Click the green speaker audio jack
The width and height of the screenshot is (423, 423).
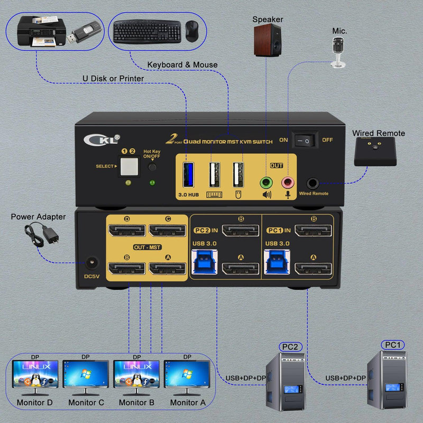pos(266,183)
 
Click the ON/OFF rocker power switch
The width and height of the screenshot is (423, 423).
pos(305,140)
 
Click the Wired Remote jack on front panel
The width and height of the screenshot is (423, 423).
pos(312,183)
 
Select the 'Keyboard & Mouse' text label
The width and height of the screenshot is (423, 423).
pos(182,65)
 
